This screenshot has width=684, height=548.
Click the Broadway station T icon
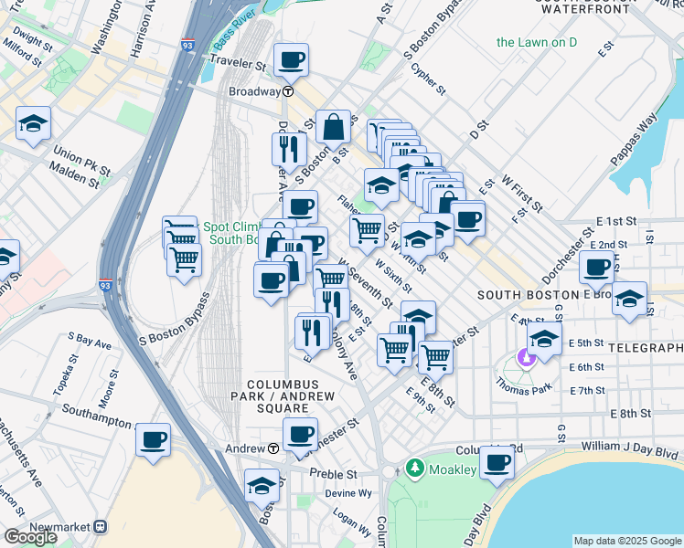coord(287,91)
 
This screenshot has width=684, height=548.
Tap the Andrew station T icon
coord(273,448)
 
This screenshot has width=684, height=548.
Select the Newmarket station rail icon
coord(102,527)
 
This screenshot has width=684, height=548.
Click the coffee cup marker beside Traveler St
coord(292,60)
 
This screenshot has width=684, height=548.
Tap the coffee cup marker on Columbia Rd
coord(497,461)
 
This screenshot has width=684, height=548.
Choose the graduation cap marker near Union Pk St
coord(33,122)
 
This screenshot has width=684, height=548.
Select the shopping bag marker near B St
coord(334,126)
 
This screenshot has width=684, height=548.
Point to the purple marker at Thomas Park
coord(525,357)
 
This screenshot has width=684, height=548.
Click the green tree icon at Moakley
coord(415,469)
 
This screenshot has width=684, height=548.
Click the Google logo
coord(30,537)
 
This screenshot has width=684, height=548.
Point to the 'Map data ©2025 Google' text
coord(626,541)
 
